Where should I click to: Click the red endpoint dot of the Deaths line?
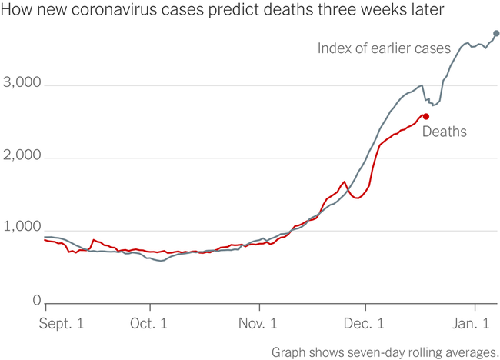(x=426, y=116)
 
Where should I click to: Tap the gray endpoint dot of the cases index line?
(x=496, y=33)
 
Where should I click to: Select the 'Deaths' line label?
(x=444, y=132)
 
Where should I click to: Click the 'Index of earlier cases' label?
(x=384, y=48)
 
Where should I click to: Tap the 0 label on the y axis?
(x=36, y=301)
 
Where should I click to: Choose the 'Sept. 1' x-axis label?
(x=62, y=324)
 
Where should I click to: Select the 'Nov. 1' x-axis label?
(x=256, y=324)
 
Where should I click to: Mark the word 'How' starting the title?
(x=17, y=12)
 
